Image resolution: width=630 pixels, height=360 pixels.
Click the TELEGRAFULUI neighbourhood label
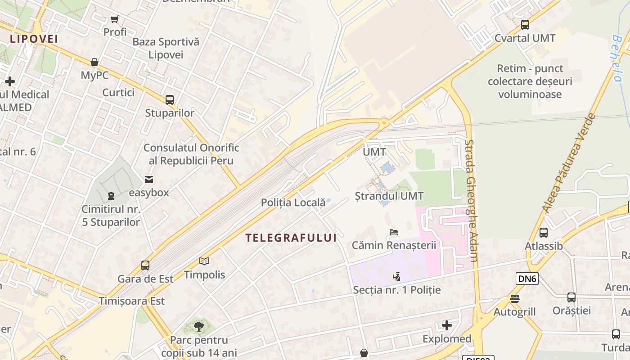[291, 238]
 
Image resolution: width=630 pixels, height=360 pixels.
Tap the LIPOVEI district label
[34, 39]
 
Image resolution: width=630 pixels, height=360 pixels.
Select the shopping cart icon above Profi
[114, 19]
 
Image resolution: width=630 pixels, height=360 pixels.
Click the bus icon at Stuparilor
[170, 100]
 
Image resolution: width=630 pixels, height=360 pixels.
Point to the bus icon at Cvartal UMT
[525, 25]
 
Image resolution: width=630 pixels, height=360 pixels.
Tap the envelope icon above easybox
[149, 180]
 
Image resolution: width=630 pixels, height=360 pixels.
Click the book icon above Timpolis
[204, 261]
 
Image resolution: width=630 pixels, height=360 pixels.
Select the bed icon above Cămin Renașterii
[394, 232]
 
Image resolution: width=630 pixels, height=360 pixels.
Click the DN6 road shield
[527, 279]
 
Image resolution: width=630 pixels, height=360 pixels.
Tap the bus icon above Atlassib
[544, 233]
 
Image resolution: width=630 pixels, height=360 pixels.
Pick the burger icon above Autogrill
[515, 299]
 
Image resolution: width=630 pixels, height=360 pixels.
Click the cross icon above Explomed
[447, 325]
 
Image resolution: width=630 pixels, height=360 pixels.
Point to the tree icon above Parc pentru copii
[198, 326]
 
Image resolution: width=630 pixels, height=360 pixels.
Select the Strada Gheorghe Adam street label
[471, 200]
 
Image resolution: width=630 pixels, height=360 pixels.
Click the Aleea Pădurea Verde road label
[569, 163]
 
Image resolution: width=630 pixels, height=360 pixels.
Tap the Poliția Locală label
[293, 202]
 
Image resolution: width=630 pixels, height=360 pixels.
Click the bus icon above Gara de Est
[145, 265]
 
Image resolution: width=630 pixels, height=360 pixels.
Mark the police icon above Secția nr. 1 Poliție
[396, 276]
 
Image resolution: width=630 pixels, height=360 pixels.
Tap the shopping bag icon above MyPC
[94, 62]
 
